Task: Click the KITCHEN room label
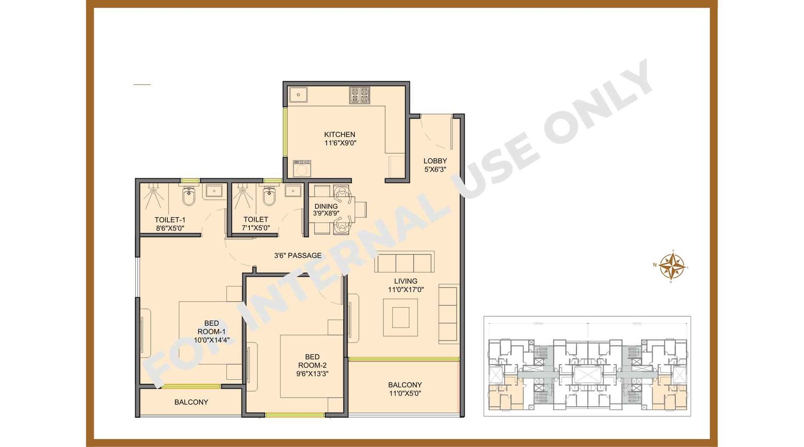click(340, 134)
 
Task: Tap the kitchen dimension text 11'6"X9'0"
click(340, 143)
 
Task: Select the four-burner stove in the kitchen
click(359, 95)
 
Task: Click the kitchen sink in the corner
click(298, 95)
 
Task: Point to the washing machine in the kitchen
click(302, 168)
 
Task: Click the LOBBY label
click(435, 161)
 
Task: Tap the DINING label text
click(326, 206)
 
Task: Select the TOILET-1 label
click(170, 220)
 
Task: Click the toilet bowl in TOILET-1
click(188, 198)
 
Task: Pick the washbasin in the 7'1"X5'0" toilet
click(293, 191)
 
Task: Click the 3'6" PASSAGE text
click(297, 255)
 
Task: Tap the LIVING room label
click(406, 281)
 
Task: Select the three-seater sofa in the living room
click(404, 262)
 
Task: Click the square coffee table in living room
click(400, 317)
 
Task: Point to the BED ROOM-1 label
click(212, 327)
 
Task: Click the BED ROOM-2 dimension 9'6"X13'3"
click(312, 374)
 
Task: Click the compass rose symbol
click(671, 266)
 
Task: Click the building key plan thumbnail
click(587, 366)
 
